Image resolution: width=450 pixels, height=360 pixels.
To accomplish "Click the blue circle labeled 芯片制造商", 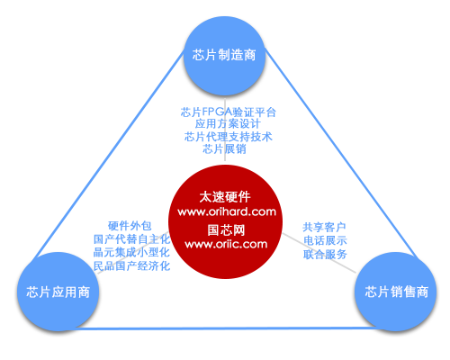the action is click(224, 55).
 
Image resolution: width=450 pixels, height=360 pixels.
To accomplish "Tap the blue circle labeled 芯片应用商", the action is click(58, 292).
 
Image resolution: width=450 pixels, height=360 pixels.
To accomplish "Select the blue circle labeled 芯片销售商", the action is click(396, 292).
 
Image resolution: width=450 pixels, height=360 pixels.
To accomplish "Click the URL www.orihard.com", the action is click(227, 211).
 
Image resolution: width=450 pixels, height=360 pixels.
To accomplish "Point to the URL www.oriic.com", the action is click(226, 244).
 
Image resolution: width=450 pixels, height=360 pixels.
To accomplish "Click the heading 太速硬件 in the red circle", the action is click(225, 197).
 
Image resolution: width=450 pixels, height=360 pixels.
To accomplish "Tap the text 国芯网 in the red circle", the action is click(226, 230).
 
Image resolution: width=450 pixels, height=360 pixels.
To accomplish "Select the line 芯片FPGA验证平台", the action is click(228, 112).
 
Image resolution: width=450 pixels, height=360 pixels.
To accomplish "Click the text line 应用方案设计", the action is click(228, 124).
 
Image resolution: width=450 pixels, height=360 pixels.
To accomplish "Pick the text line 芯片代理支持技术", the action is click(229, 137).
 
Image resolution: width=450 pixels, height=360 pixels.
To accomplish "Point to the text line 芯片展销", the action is click(224, 148).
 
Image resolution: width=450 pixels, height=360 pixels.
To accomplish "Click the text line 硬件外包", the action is click(130, 226).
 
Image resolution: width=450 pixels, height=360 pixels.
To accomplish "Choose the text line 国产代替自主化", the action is click(132, 239).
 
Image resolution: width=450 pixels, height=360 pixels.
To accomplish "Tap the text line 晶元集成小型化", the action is click(131, 252).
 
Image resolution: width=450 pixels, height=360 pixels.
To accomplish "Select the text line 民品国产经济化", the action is click(131, 265).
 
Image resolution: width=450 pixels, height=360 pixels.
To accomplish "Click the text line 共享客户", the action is click(324, 227).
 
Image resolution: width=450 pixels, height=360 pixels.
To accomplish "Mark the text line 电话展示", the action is click(325, 240).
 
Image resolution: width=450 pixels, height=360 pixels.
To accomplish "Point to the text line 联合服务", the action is click(325, 254).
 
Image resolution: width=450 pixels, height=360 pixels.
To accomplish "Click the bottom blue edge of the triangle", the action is click(227, 328).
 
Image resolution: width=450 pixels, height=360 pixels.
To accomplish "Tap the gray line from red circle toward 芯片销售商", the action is click(319, 253).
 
